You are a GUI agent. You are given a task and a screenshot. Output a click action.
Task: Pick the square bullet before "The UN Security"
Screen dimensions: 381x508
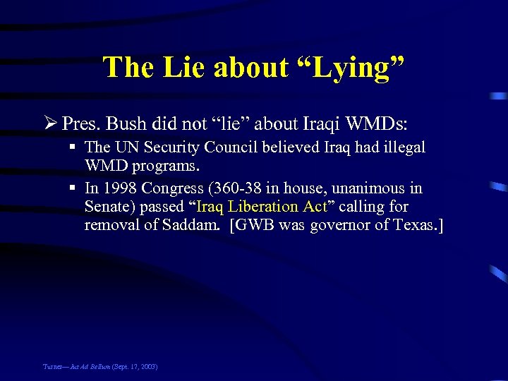[x=73, y=147]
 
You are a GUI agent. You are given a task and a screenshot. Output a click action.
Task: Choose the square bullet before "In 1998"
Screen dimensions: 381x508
[x=73, y=188]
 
